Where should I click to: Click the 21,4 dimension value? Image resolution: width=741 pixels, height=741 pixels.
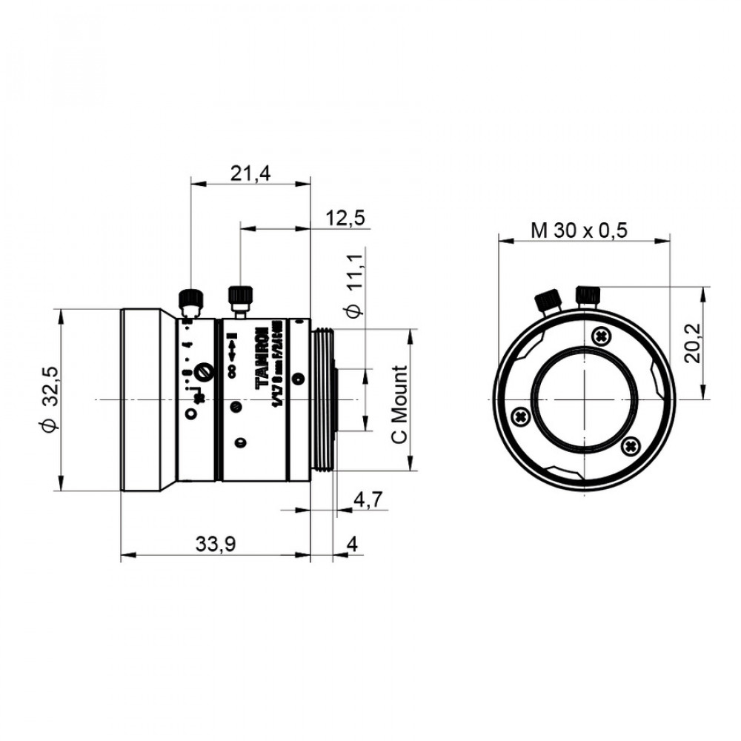[250, 174]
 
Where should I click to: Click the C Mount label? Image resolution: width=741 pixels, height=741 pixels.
[400, 405]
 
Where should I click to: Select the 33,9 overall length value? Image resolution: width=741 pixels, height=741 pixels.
[216, 545]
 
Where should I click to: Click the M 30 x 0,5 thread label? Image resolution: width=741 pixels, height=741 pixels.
[579, 230]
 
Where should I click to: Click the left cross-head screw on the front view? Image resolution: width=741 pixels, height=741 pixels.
[521, 416]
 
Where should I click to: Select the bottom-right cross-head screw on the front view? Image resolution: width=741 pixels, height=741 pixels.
[631, 445]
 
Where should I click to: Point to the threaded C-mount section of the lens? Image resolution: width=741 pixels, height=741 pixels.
[323, 401]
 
